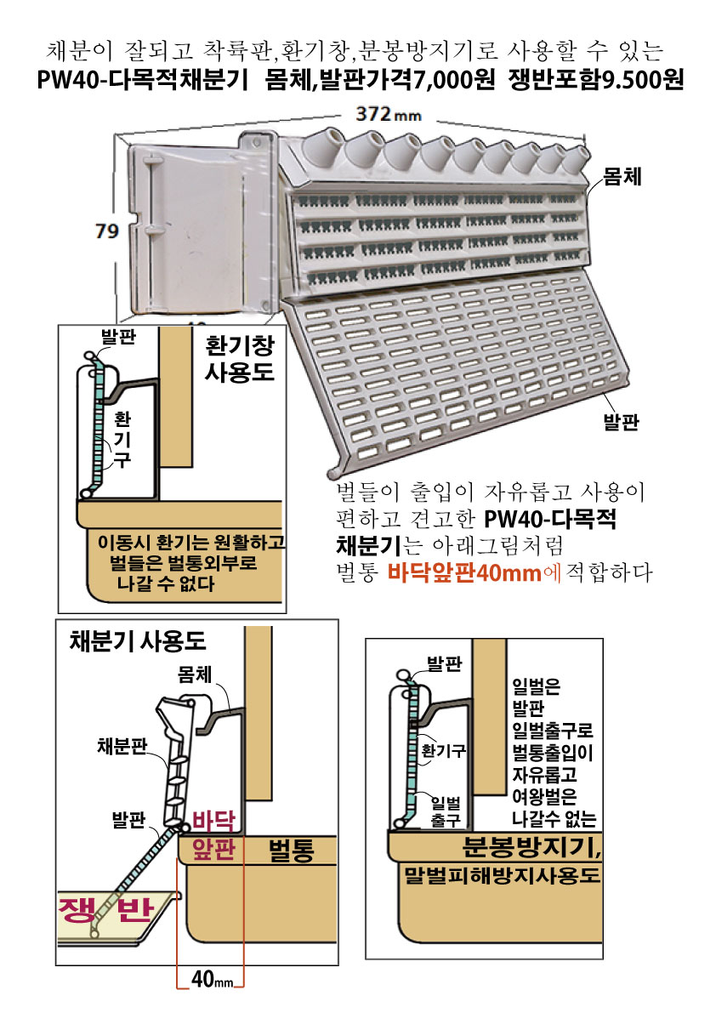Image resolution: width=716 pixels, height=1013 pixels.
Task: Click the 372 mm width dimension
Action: coord(388,114)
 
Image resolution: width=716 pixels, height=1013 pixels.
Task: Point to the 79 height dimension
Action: coord(107,230)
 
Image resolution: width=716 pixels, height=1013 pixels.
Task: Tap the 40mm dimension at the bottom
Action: coord(212,980)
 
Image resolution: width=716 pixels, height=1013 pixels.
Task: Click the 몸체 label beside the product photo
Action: coord(622,176)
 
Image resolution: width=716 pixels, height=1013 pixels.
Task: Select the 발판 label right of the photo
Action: coord(621,422)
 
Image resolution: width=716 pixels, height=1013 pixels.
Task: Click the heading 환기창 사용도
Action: coord(240,358)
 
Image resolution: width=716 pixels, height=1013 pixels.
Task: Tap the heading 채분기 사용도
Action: coord(138,640)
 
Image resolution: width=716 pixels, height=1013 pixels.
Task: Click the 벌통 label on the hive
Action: coord(291,850)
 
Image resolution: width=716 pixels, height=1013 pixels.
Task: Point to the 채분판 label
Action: coord(122,746)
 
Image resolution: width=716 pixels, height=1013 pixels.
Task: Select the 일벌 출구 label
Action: coord(446,812)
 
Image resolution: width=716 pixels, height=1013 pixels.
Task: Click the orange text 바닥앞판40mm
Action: coord(464,572)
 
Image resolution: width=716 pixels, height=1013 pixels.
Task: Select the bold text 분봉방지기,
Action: coord(531,846)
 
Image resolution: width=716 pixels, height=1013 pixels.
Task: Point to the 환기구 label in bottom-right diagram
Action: coord(444,751)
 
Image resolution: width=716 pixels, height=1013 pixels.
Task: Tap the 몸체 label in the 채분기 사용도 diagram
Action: coord(195,674)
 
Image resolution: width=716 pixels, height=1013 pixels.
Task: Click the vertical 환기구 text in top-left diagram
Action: coord(122,440)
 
